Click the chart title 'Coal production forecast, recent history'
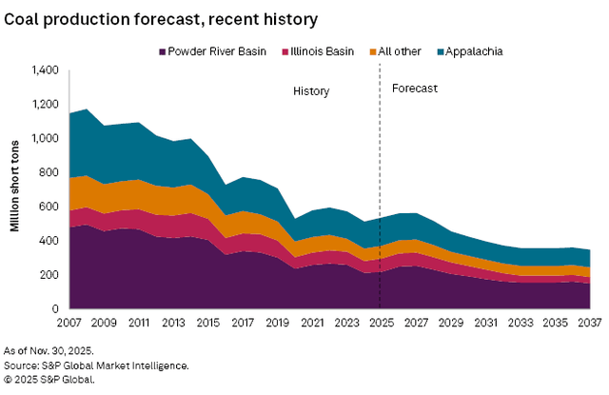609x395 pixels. [x=161, y=18]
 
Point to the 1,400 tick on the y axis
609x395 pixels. [x=45, y=70]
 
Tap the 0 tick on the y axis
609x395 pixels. [x=56, y=309]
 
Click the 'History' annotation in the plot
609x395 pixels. [x=310, y=91]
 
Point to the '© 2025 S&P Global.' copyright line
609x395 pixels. [x=49, y=379]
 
